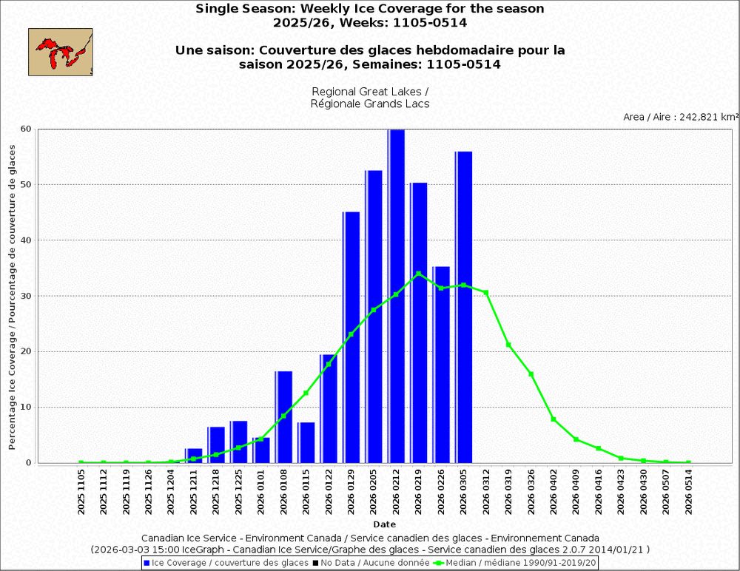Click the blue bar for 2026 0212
tap(397, 296)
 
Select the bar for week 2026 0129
tap(351, 337)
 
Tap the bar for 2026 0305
tap(464, 307)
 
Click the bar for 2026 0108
tap(284, 417)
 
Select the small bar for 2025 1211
tap(194, 456)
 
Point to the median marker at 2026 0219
tap(419, 274)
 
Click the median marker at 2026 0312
tap(486, 293)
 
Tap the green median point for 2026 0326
tap(531, 374)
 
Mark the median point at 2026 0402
tap(554, 419)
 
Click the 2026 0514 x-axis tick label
tap(689, 491)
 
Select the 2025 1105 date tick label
tap(81, 491)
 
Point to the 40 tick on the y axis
tap(26, 240)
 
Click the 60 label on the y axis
tap(26, 129)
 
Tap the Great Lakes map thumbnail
tap(61, 52)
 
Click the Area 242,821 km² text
tap(681, 117)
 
